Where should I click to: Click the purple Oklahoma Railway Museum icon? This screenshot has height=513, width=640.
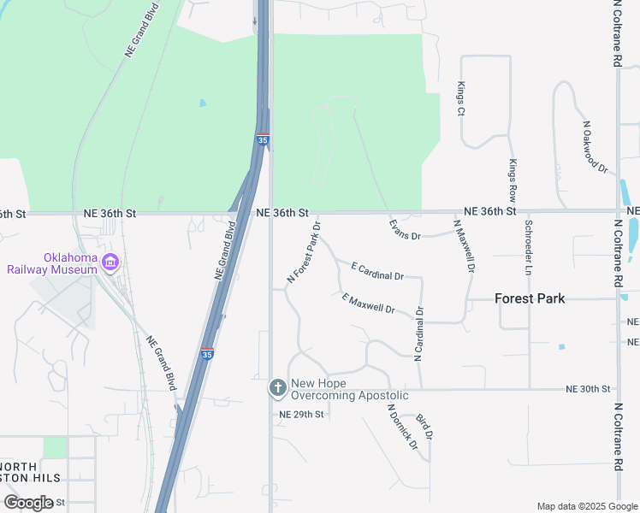(110, 263)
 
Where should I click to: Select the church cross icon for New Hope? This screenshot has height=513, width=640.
(277, 389)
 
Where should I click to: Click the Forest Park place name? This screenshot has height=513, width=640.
(530, 298)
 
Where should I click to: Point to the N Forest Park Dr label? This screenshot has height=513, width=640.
(304, 253)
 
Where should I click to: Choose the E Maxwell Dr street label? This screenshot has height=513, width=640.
(368, 303)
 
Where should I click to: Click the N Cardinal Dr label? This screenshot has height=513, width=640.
(419, 334)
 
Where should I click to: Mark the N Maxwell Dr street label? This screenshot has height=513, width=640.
(464, 245)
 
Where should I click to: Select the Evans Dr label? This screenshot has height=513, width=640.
(405, 230)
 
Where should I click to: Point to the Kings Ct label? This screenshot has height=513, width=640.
(460, 98)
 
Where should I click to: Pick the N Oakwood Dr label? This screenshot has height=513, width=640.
(594, 147)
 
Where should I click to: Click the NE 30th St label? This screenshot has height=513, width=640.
(588, 389)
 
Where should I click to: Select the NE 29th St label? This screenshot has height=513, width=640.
(301, 415)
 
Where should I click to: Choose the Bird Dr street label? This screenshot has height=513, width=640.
(424, 427)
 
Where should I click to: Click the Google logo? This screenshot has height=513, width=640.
(27, 503)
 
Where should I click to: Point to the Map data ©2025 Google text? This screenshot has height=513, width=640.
(587, 506)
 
